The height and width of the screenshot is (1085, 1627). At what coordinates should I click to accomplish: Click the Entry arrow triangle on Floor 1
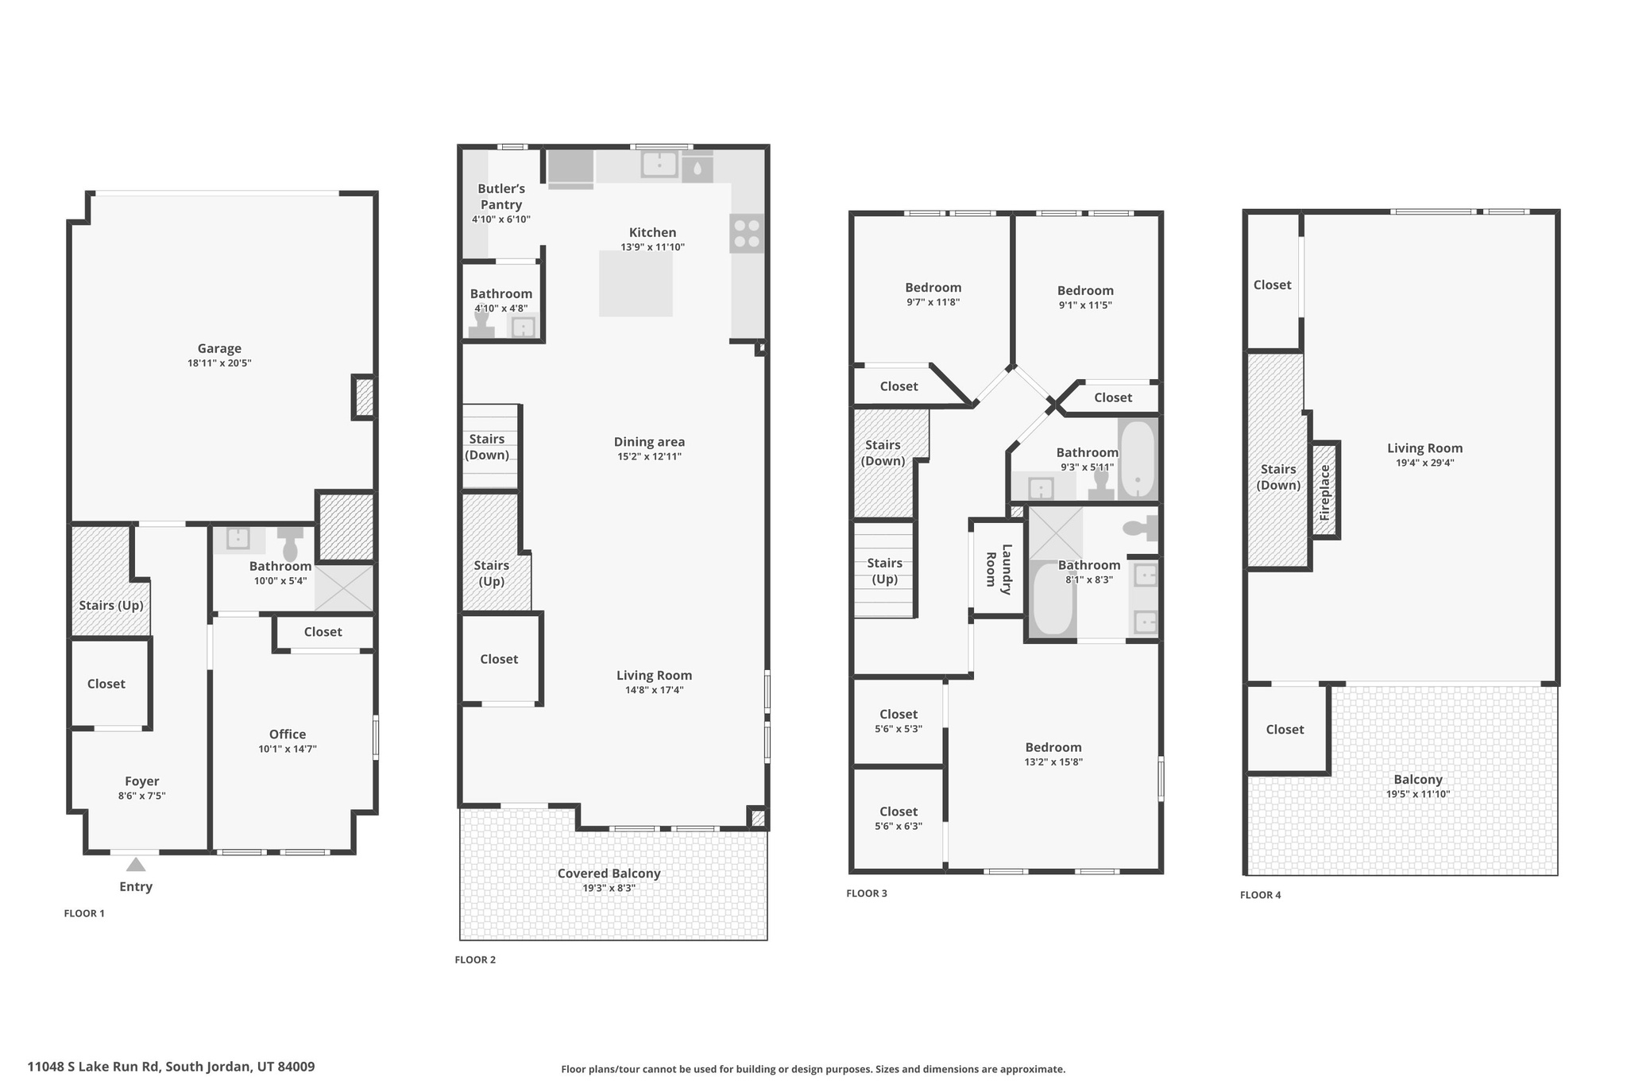(136, 864)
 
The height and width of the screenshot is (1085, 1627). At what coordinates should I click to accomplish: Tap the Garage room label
(219, 348)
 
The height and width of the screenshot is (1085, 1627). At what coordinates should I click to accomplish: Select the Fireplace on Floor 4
(1324, 490)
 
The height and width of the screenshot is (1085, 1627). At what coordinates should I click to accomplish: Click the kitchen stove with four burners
(747, 233)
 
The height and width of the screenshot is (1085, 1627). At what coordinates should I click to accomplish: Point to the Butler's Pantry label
(501, 196)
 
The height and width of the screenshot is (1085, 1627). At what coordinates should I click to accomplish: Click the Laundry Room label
(999, 569)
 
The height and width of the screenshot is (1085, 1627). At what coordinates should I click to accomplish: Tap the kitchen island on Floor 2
(636, 284)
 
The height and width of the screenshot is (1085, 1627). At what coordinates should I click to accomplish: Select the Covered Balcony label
(609, 874)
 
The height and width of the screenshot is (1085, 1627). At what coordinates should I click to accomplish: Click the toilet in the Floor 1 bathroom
(290, 543)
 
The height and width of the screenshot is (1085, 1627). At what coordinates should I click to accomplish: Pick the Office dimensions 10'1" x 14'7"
(288, 749)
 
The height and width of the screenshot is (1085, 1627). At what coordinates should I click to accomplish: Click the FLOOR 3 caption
(867, 893)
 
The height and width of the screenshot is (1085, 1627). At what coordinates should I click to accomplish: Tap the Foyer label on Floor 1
(142, 781)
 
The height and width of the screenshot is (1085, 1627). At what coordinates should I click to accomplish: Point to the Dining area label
(649, 442)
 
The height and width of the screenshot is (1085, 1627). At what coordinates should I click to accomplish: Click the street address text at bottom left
(171, 1067)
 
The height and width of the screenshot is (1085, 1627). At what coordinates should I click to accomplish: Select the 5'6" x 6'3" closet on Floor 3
(899, 818)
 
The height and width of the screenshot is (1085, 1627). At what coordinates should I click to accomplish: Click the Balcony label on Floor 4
(1418, 780)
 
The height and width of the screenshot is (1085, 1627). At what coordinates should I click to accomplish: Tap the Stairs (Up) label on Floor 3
(885, 571)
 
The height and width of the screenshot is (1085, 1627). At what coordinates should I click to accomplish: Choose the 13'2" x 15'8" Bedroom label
(1053, 747)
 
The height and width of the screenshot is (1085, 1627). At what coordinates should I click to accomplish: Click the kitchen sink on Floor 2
(659, 165)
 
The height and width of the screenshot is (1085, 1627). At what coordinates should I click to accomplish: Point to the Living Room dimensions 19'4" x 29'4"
(1425, 463)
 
